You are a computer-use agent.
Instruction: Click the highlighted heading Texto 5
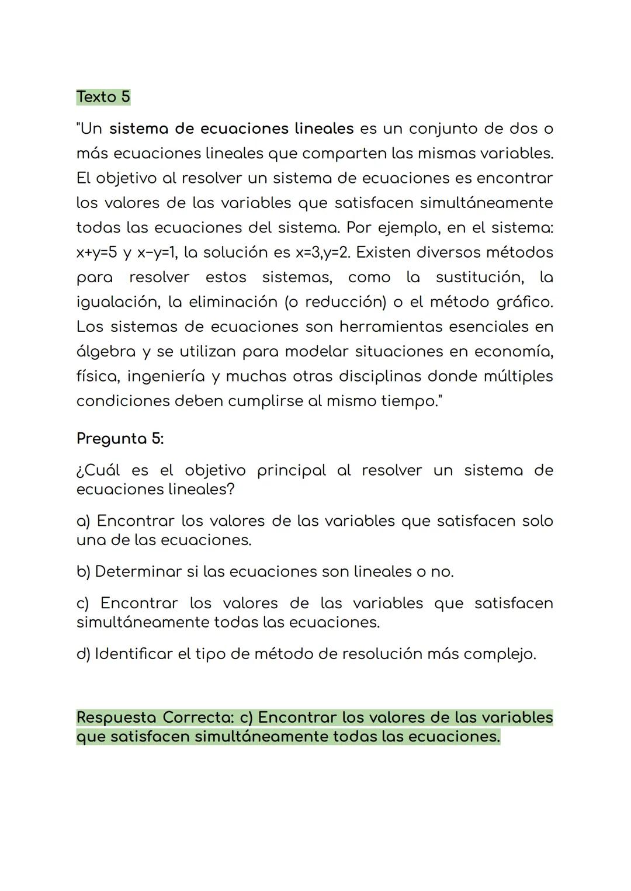coord(103,97)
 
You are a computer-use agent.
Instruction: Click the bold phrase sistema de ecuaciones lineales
coord(231,129)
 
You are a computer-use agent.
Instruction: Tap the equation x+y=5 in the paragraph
coord(96,252)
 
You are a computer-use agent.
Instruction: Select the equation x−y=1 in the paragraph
coord(157,252)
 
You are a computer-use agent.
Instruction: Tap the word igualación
coord(117,302)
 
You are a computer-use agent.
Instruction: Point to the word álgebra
coord(106,352)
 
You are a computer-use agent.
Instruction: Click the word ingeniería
coord(166,376)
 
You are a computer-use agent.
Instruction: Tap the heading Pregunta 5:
coord(120,439)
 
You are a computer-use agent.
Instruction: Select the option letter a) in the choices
coord(83,521)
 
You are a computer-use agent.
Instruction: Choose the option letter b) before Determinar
coord(83,571)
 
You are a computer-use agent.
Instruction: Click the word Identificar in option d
coord(134,654)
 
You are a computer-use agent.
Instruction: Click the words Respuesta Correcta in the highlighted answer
coord(154,717)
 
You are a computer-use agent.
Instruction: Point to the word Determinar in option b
coord(138,571)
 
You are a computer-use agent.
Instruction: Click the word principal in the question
coord(292,471)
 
